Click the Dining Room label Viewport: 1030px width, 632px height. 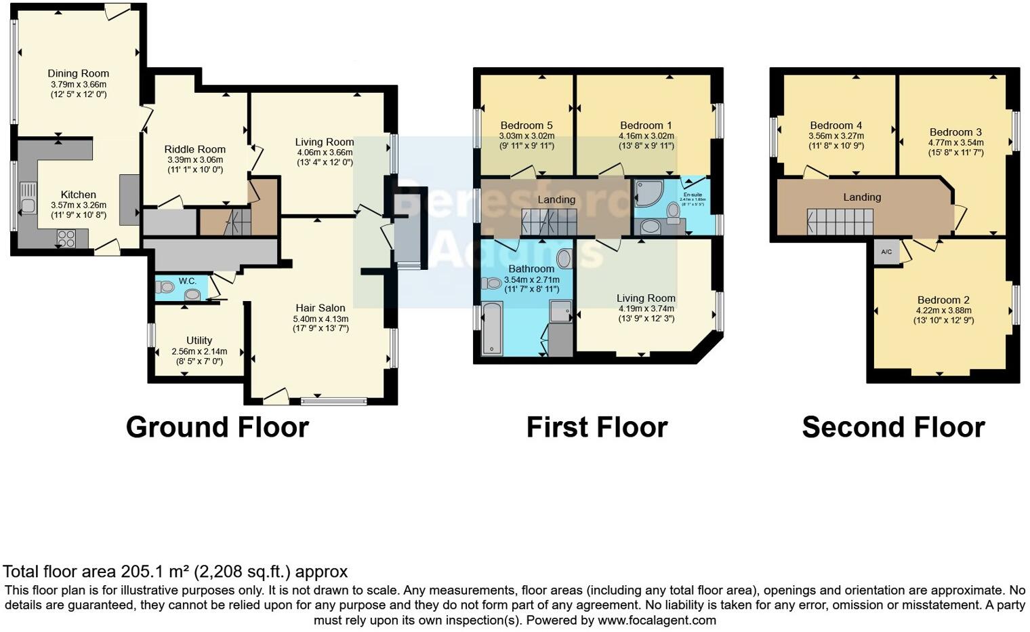coord(78,73)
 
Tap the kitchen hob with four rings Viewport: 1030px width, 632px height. coord(66,238)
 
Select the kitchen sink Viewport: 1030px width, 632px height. coord(28,198)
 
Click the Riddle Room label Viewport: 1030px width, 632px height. coord(194,149)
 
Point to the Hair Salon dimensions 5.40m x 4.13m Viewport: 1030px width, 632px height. coord(321,319)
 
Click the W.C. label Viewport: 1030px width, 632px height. coord(187,281)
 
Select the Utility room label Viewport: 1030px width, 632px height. coord(199,340)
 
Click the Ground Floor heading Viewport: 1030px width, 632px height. coord(217,427)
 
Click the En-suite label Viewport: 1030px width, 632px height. coord(693,194)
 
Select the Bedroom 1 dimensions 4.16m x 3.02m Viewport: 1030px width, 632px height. coord(646,136)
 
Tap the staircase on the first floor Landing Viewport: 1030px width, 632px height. coord(548,222)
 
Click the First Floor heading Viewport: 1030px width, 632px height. coord(596,427)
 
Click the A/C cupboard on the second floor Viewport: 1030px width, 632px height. coord(886,252)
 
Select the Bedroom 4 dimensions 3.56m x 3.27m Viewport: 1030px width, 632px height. coord(836,136)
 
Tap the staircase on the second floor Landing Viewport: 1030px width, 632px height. coord(840,221)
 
